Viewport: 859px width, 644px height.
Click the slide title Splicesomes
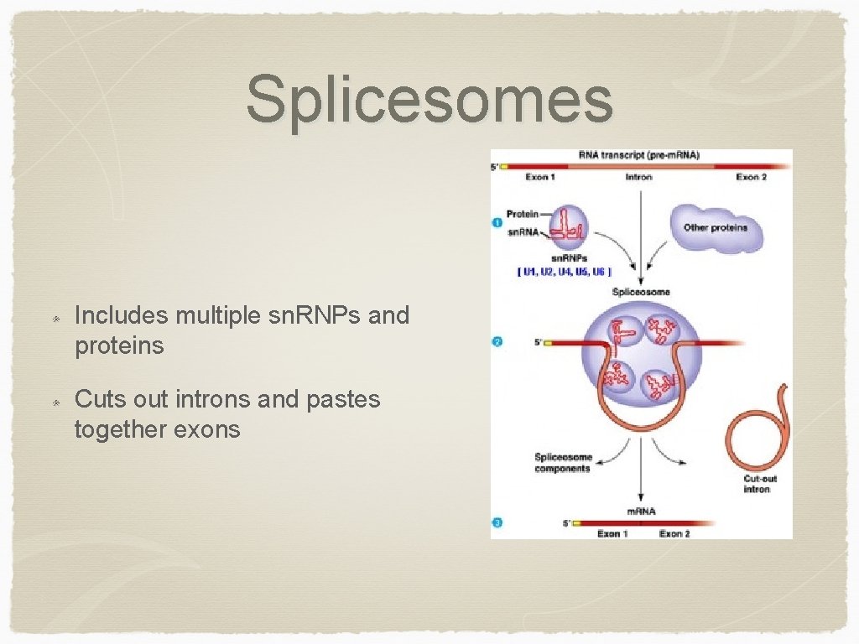tap(429, 99)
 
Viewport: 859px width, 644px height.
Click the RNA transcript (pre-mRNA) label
tap(639, 155)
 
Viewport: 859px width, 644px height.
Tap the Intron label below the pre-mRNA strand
tap(639, 177)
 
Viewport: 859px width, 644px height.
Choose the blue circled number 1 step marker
tap(498, 222)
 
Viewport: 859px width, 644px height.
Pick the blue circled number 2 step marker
tap(498, 342)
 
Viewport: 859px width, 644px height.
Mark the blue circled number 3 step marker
tap(498, 523)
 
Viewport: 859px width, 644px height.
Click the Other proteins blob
tap(716, 227)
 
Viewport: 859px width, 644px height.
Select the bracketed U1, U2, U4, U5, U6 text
tap(565, 272)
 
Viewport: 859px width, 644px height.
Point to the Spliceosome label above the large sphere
tap(641, 292)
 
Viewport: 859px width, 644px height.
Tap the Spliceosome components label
tap(563, 463)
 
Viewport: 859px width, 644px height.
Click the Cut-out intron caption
tap(760, 484)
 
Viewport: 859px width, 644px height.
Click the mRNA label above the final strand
tap(641, 511)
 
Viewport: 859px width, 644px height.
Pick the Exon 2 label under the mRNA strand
tap(674, 534)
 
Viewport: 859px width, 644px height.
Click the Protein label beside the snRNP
tap(522, 215)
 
